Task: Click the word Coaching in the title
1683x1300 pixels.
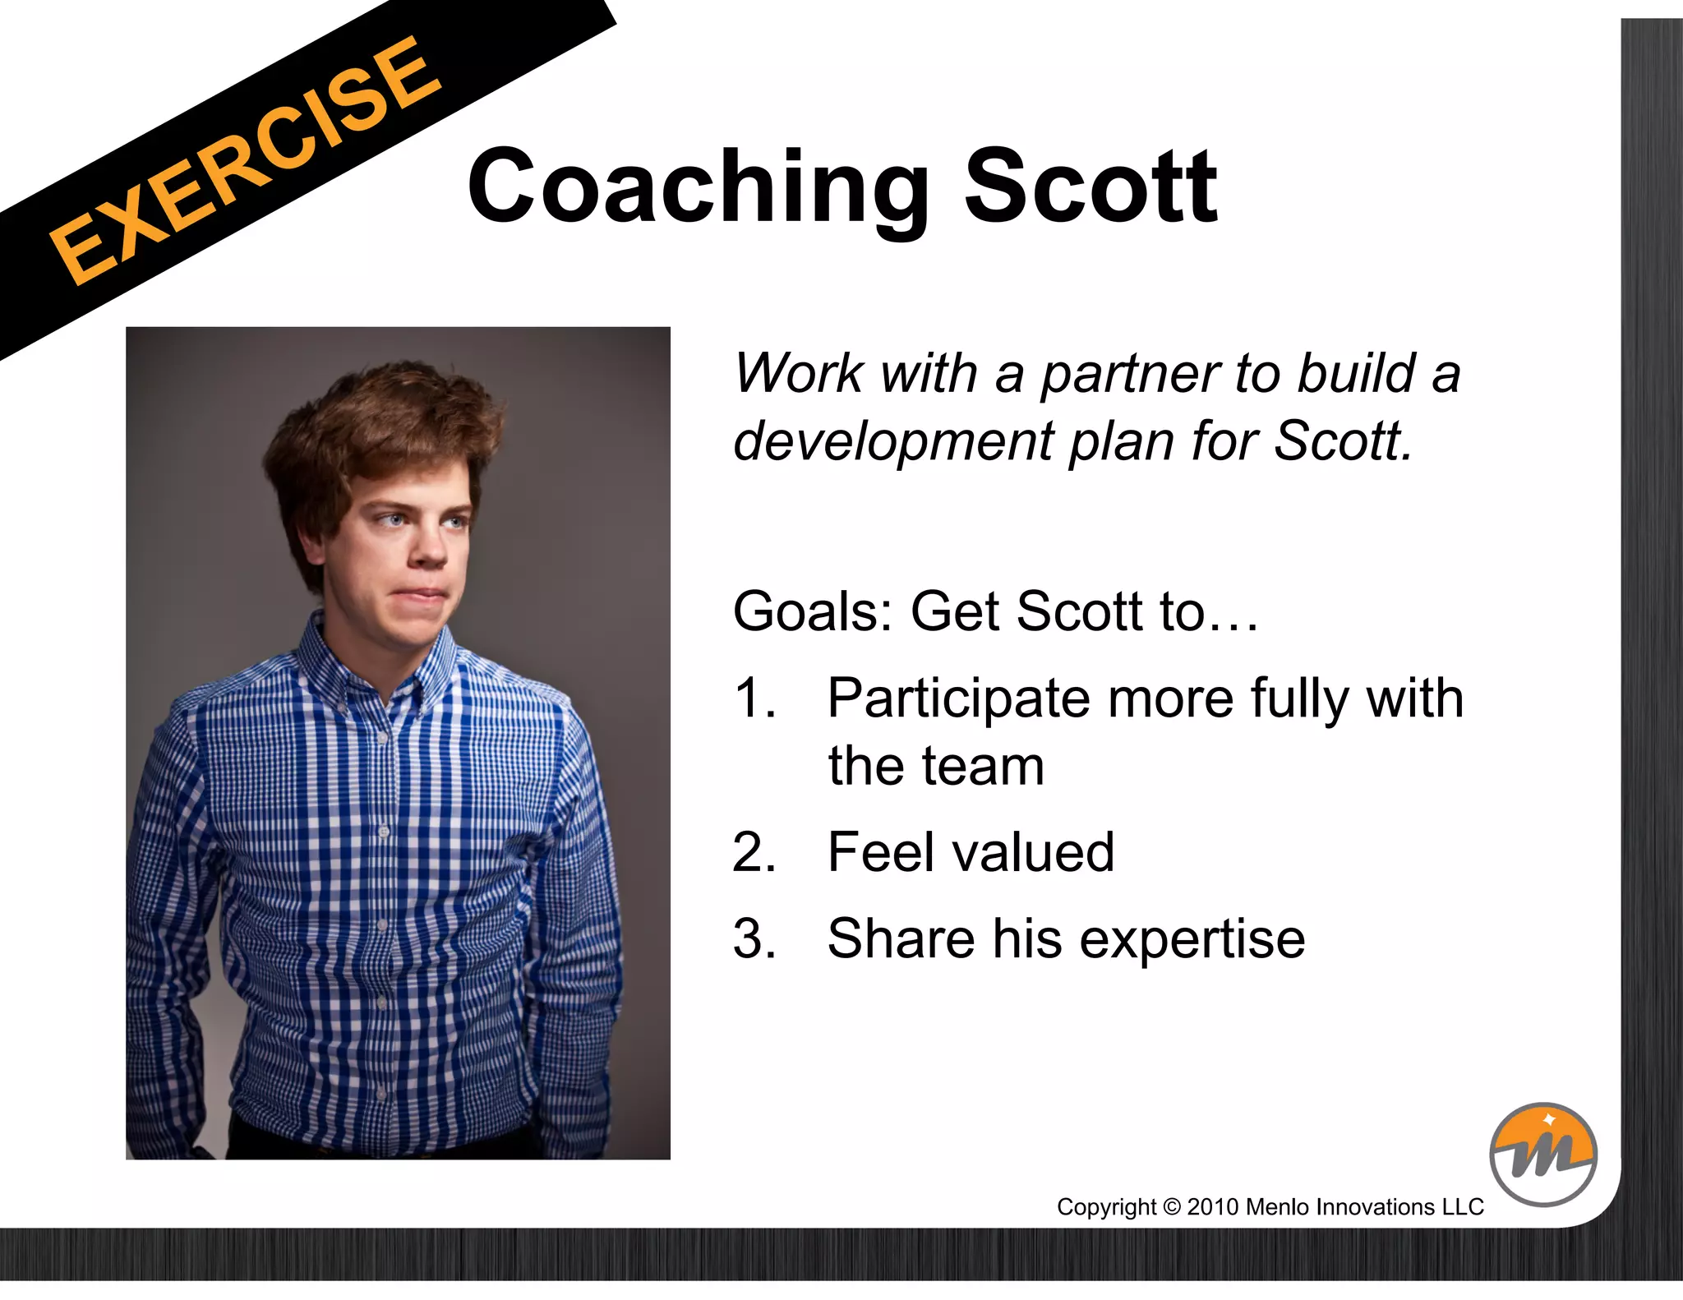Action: point(699,187)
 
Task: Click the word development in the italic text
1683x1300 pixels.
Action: point(892,442)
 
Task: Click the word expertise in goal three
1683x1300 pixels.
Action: point(1192,940)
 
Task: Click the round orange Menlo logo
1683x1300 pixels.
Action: point(1542,1155)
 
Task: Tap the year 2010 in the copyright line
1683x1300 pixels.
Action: point(1212,1207)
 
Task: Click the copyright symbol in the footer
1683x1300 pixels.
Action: point(1173,1207)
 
